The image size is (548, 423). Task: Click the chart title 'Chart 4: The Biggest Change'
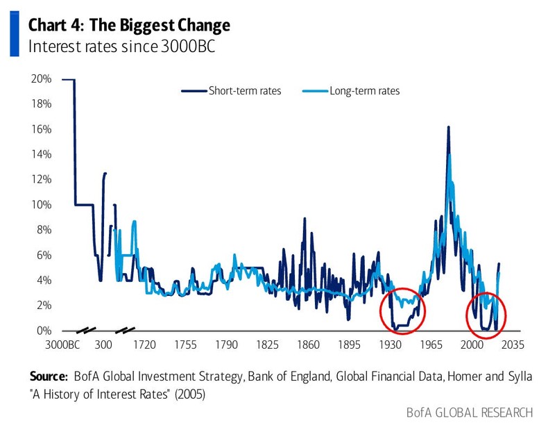tap(129, 26)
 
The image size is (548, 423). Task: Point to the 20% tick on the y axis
tap(42, 79)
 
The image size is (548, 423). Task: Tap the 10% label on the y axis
tap(42, 205)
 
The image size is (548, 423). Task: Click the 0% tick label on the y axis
tap(44, 331)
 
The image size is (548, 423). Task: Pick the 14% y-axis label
tap(42, 154)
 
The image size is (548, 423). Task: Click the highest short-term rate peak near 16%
tap(448, 128)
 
